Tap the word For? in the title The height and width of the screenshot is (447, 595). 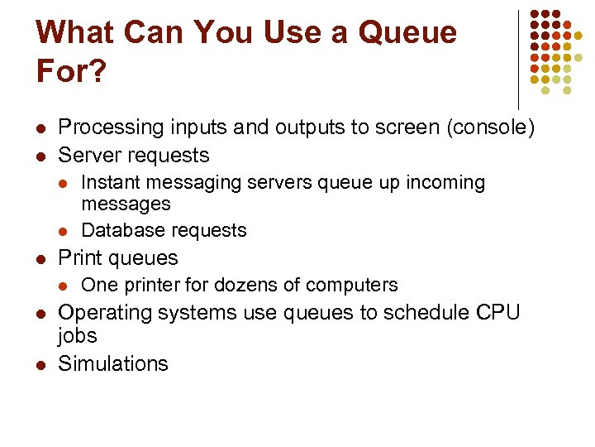pyautogui.click(x=71, y=71)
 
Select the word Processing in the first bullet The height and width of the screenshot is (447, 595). pyautogui.click(x=111, y=127)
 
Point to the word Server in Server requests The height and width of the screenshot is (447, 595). pyautogui.click(x=89, y=155)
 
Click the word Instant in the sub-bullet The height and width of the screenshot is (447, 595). pyautogui.click(x=112, y=182)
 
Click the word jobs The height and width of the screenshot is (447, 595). pyautogui.click(x=78, y=336)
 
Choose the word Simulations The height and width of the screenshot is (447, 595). pyautogui.click(x=113, y=363)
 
